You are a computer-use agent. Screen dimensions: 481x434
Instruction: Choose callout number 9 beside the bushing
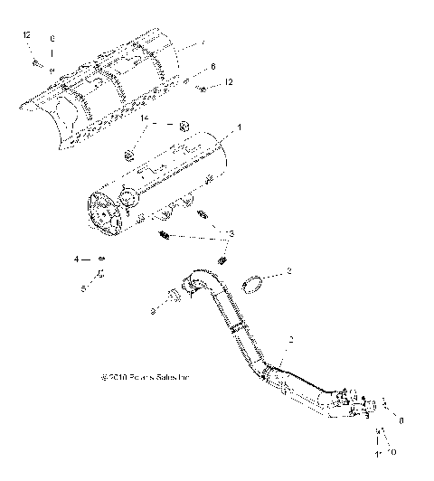153,310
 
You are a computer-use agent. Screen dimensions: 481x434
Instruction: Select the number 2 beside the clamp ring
288,271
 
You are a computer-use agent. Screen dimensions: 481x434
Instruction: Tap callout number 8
401,420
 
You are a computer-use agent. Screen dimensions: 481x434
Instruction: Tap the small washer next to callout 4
102,259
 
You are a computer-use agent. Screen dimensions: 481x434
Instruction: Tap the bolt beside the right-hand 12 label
203,89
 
